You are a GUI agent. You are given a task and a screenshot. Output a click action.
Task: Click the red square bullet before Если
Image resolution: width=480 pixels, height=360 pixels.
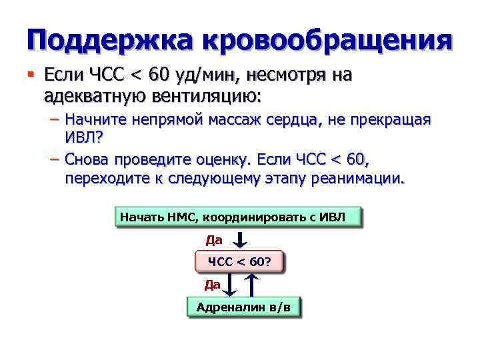(31, 73)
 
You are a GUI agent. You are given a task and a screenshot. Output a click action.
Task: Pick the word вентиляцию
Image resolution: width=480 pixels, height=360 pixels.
(200, 95)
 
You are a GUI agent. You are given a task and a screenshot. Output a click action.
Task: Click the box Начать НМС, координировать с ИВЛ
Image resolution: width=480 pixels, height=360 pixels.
(238, 217)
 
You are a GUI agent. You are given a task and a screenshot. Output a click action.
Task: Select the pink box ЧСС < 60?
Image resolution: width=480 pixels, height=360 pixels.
(239, 261)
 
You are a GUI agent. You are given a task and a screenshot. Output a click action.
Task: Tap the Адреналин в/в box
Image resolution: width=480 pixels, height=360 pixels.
(243, 307)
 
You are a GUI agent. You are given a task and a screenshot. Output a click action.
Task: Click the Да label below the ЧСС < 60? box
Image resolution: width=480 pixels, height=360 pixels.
(212, 285)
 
